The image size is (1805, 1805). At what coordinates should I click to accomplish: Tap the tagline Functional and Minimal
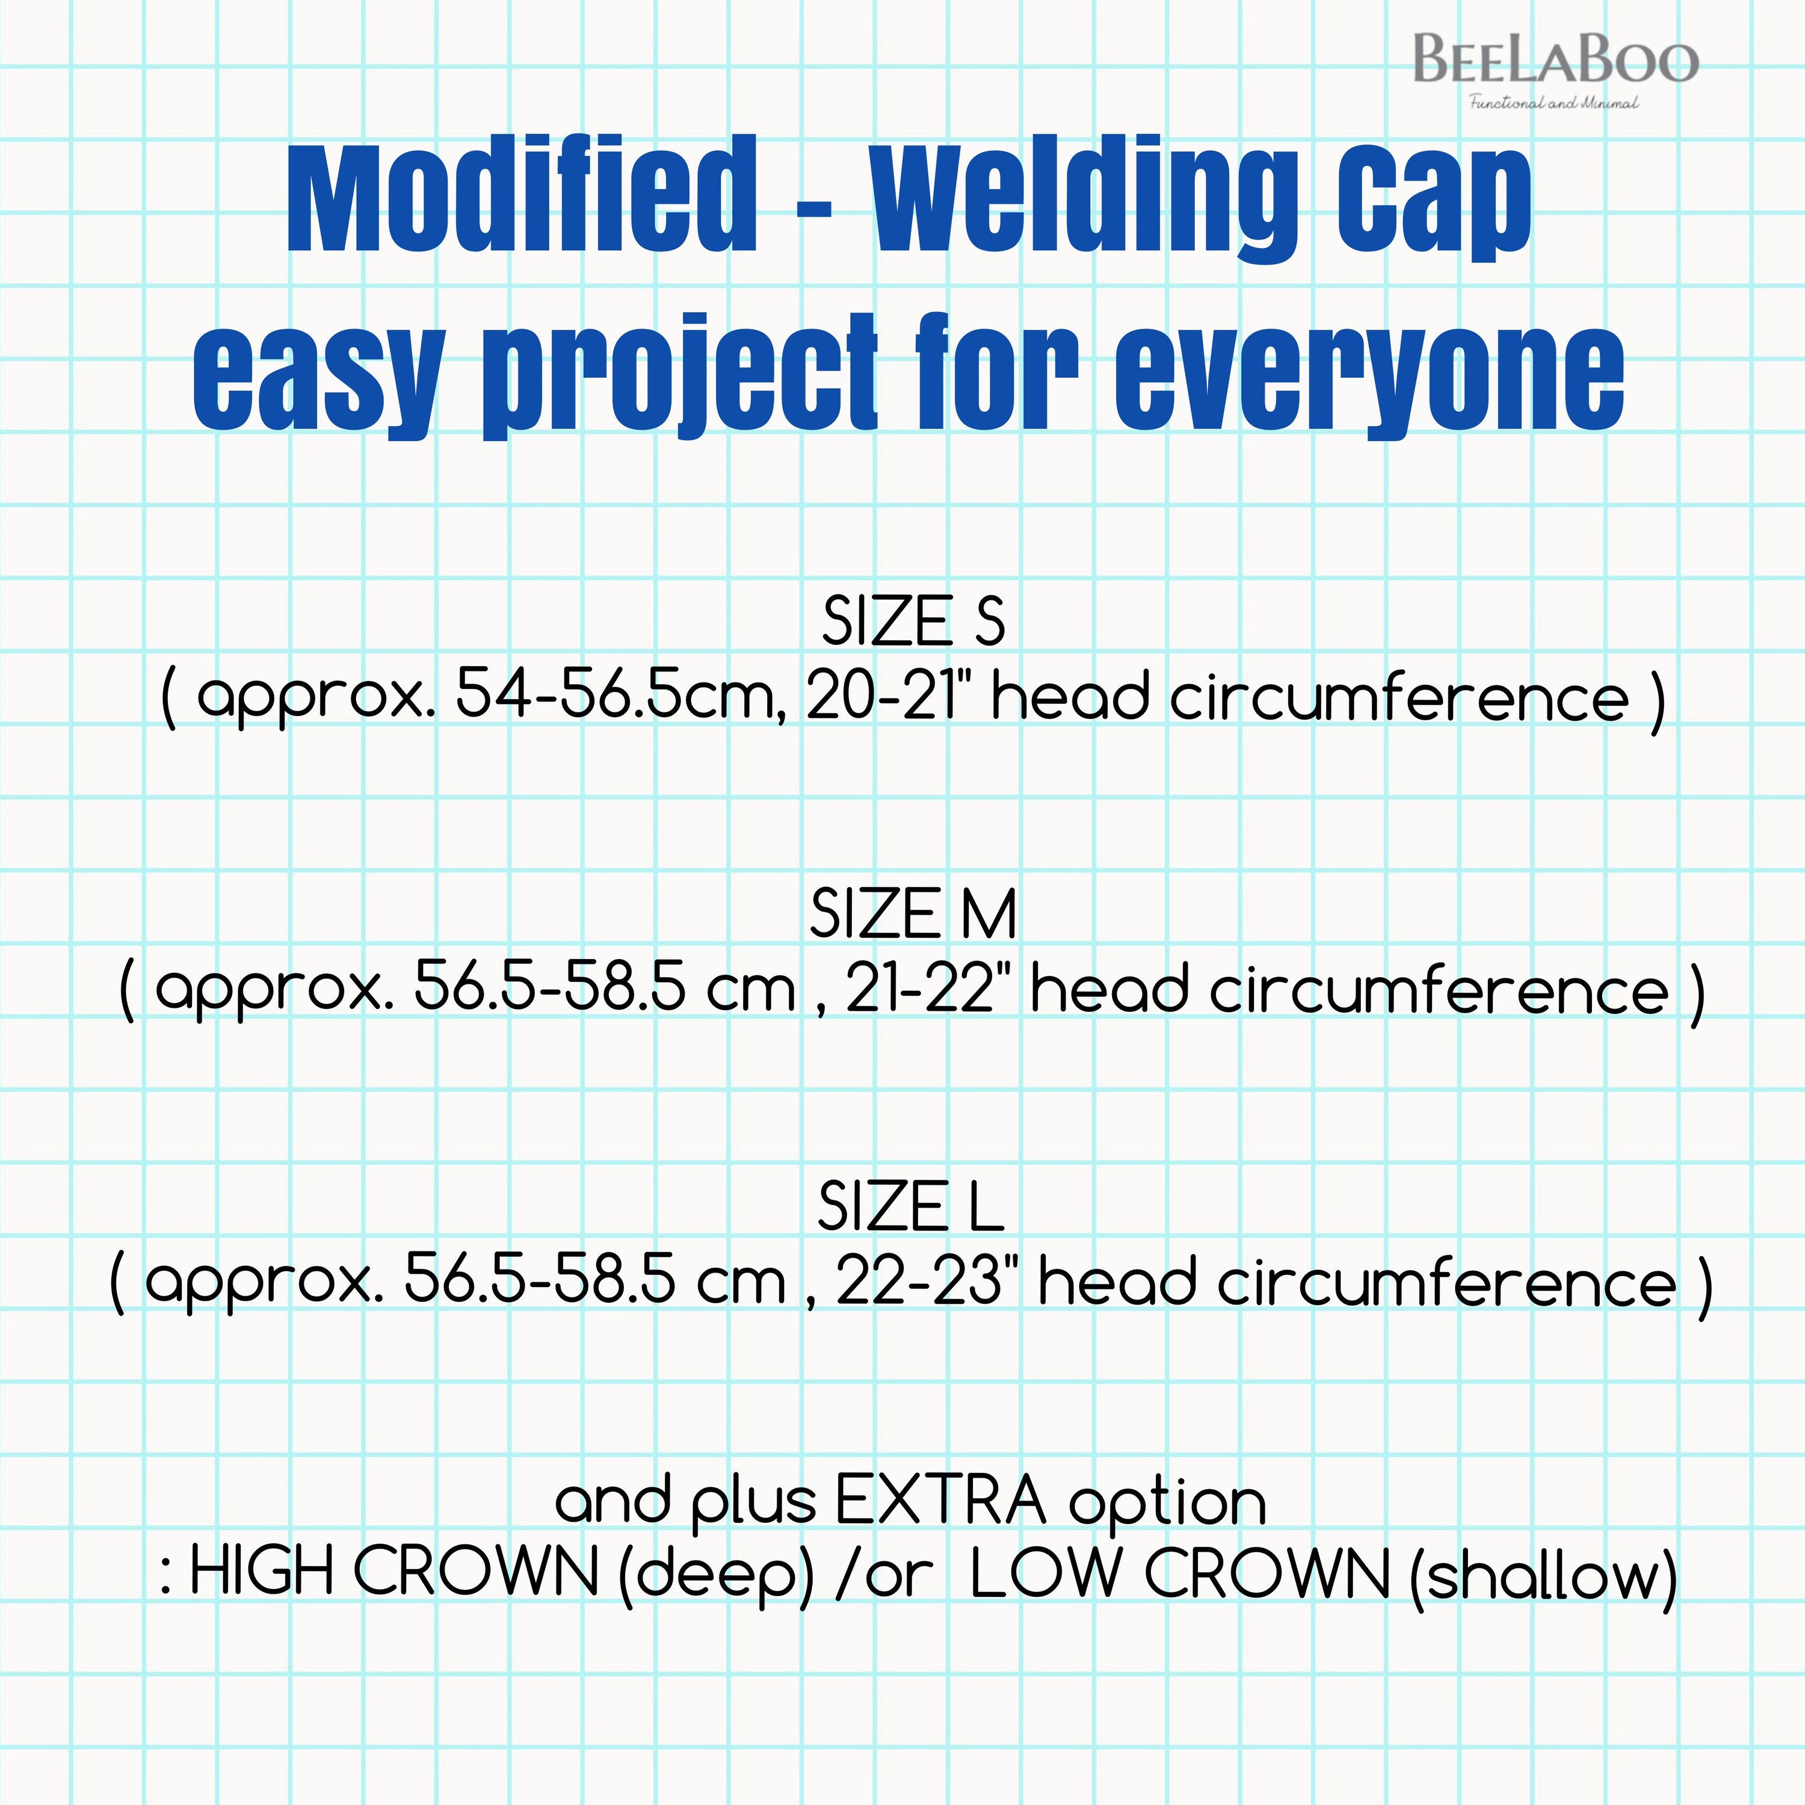point(1554,103)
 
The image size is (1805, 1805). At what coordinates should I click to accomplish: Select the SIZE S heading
point(913,622)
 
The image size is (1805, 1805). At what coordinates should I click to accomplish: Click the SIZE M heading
point(913,914)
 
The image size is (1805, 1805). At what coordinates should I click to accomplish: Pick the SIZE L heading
point(911,1206)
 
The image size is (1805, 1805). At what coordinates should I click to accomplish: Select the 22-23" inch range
point(930,1282)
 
